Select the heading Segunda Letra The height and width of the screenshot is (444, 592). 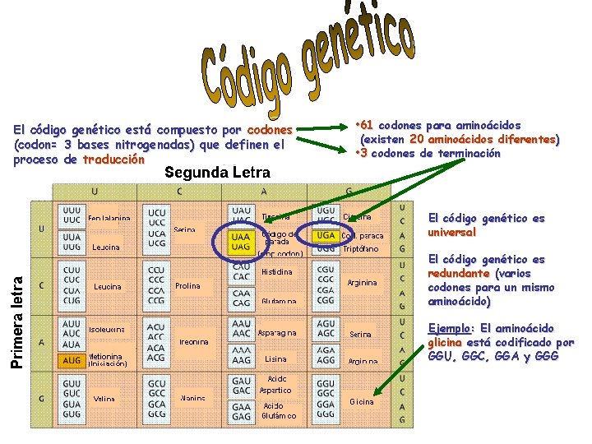pos(217,173)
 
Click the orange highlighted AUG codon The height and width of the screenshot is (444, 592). pos(72,360)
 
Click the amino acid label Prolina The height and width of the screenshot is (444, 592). pos(188,286)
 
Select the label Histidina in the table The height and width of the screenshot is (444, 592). pos(276,272)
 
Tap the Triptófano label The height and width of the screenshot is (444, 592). pos(361,247)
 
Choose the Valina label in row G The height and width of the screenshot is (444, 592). pos(104,399)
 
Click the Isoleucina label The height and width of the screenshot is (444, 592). pos(107,329)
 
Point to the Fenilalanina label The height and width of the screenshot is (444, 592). pos(109,219)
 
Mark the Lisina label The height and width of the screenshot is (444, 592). pos(275,359)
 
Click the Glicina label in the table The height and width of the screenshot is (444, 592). pos(361,401)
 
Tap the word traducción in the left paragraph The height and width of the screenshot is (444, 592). pos(113,160)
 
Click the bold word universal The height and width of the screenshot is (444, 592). pos(452,233)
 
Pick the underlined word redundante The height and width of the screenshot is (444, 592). pos(459,273)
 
